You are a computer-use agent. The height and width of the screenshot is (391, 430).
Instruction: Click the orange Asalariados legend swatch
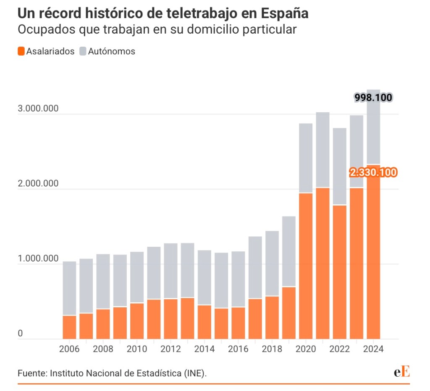[21, 51]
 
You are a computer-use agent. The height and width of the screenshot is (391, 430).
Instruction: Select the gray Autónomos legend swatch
[83, 51]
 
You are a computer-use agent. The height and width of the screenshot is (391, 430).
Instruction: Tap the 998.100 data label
[373, 98]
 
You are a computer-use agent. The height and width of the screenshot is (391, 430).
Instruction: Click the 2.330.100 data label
[373, 172]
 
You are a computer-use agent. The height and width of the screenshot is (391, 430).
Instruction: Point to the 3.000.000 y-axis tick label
[38, 108]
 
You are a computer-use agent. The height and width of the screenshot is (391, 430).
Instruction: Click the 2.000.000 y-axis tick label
[38, 183]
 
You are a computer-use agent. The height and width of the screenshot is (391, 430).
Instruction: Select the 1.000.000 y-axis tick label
[38, 259]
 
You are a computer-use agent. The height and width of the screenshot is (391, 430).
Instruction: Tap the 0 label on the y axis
[20, 334]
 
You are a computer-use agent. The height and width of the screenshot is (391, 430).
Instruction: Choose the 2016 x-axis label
[239, 349]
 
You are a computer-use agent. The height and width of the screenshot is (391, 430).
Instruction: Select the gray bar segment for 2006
[70, 288]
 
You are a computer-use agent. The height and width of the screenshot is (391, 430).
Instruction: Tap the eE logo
[401, 372]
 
